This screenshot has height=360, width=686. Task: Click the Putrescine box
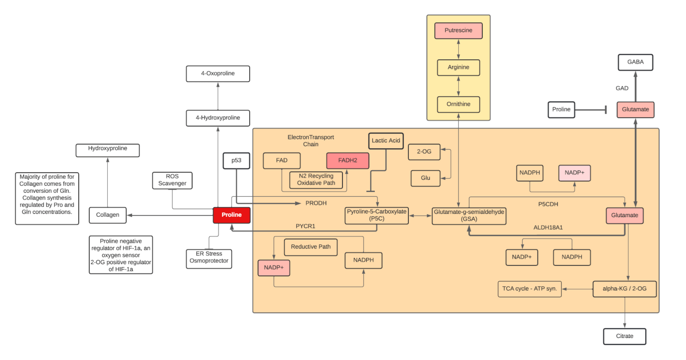[x=458, y=31]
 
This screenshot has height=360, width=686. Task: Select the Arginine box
[x=458, y=68]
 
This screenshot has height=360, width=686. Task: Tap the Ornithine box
[x=458, y=104]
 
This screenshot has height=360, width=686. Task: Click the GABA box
[x=635, y=62]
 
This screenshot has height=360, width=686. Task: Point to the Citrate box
[x=624, y=336]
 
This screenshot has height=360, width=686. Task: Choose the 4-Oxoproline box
[x=218, y=74]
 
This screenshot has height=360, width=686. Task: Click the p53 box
[x=236, y=161]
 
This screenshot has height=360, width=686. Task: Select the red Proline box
[x=231, y=215]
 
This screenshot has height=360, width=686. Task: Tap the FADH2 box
[x=347, y=160]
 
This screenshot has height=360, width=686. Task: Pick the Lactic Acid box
[x=386, y=141]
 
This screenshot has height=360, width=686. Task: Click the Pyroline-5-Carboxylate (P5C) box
[x=376, y=215]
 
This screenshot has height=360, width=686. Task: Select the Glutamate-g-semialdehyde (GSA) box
[x=469, y=216]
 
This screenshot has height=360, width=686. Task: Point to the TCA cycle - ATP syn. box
[x=529, y=289]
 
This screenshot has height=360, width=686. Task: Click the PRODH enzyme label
[x=316, y=203]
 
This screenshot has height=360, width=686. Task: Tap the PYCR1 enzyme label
[x=305, y=226]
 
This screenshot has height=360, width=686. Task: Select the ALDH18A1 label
[x=548, y=228]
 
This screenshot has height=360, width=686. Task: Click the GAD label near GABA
[x=622, y=88]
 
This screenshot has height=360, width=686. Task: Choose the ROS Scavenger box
[x=172, y=180]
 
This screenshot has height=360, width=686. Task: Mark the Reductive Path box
[x=311, y=247]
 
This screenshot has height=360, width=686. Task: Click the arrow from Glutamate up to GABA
[x=635, y=86]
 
